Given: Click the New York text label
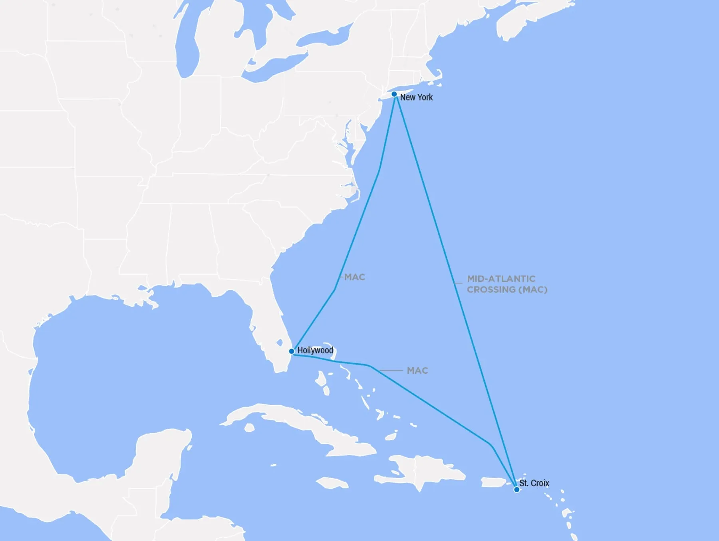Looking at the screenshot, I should pyautogui.click(x=416, y=97).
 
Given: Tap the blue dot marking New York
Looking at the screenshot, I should pyautogui.click(x=394, y=94).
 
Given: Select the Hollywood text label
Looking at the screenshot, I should pyautogui.click(x=315, y=351).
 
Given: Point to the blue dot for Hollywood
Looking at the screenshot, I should pyautogui.click(x=292, y=351).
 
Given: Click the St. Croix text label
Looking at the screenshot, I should pyautogui.click(x=534, y=483).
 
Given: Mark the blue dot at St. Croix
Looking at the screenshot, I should pyautogui.click(x=516, y=489).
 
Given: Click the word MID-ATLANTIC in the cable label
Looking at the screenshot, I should pyautogui.click(x=501, y=279).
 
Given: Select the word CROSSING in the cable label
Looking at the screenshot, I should pyautogui.click(x=491, y=289).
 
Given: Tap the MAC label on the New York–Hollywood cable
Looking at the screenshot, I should pyautogui.click(x=355, y=277).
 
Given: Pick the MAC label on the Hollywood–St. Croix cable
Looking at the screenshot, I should pyautogui.click(x=417, y=371).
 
